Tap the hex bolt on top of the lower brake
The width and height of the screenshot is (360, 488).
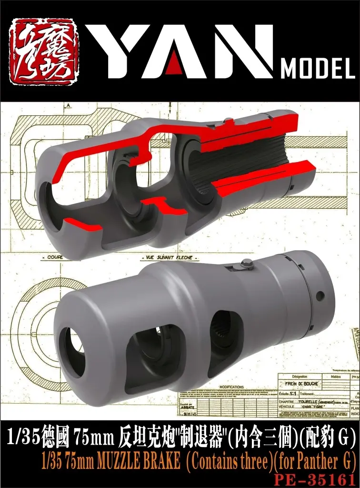pos(247,263)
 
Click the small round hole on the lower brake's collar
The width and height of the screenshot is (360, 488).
pos(320,296)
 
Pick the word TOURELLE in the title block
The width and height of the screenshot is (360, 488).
pos(307,401)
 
